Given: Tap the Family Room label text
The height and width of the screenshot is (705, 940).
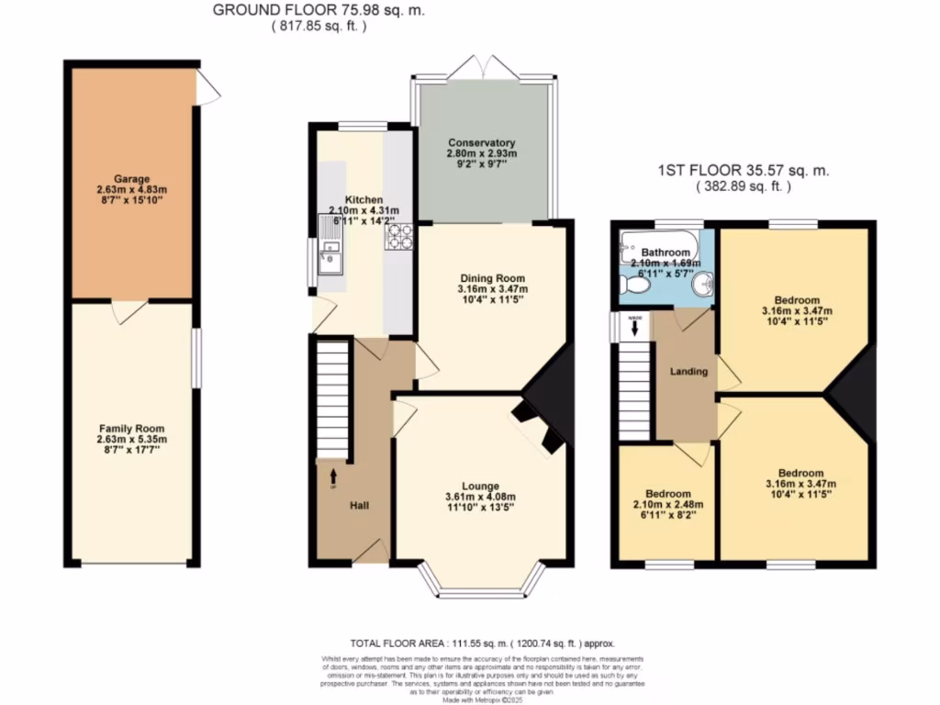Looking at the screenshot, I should coord(132,429).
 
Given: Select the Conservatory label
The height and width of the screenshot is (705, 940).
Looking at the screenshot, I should coord(482,143).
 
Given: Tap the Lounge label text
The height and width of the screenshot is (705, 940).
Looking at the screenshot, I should coord(480,486).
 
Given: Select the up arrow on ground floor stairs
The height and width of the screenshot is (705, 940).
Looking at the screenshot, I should coord(332,476).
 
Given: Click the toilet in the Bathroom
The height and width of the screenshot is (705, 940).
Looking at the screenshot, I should coord(634,287).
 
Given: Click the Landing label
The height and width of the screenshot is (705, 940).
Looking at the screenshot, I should coord(688,372).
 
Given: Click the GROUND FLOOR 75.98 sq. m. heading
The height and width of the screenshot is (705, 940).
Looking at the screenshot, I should coord(319,10).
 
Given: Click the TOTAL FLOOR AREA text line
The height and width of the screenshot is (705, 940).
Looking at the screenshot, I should coord(482,643).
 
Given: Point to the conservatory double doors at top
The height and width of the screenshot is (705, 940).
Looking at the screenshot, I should coord(482,66).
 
